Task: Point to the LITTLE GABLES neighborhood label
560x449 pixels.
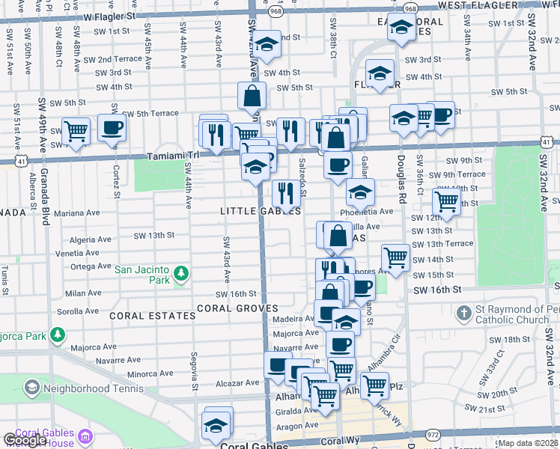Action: [x=260, y=212]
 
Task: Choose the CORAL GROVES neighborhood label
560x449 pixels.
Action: [x=237, y=308]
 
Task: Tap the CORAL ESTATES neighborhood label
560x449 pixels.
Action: [x=152, y=316]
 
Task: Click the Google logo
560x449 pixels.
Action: [x=24, y=440]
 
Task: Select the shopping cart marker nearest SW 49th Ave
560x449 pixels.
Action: [x=76, y=131]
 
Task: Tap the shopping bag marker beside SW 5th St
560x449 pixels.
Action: [x=252, y=95]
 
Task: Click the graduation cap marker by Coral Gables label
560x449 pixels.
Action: [x=218, y=423]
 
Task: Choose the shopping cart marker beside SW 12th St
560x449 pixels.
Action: [x=446, y=201]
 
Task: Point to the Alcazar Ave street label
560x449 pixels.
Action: [x=216, y=382]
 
